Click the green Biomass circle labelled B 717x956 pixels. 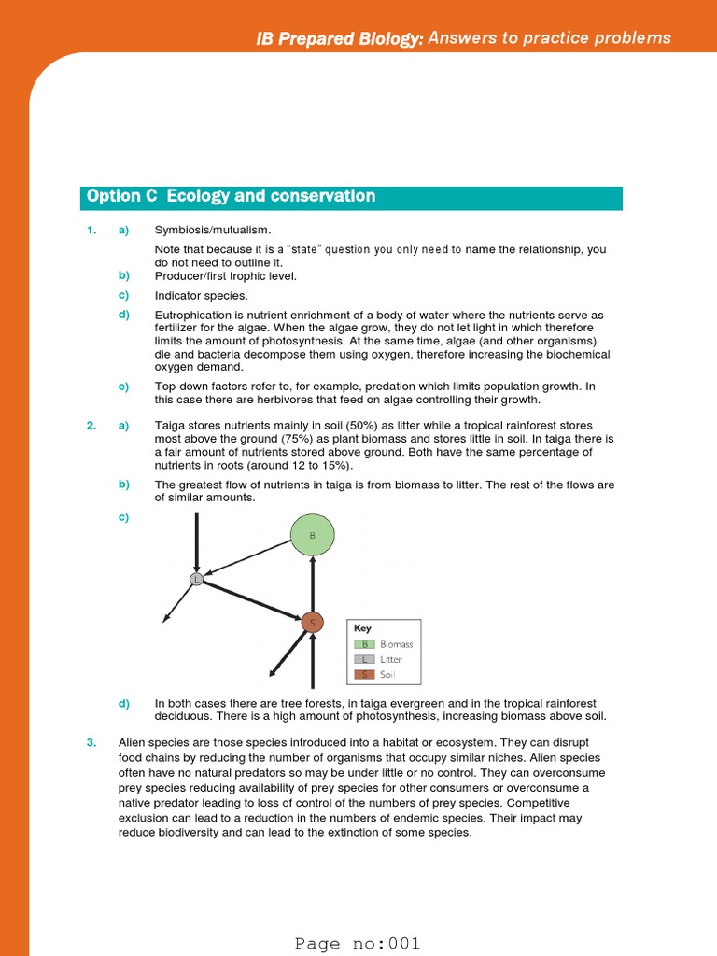point(312,536)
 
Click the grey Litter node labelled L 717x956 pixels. point(196,580)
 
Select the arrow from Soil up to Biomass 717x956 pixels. point(312,583)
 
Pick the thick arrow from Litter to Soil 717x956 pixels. point(254,600)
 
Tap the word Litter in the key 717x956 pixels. point(391,659)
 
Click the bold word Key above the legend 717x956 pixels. point(362,629)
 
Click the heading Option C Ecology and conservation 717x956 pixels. point(232,196)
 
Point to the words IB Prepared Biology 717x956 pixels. point(340,38)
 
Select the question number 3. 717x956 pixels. point(91,743)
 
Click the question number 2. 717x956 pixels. point(91,426)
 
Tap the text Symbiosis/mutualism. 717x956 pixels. point(213,230)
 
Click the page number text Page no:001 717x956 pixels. point(358,943)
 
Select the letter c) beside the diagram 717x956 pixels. point(123,517)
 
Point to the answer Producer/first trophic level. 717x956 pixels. point(225,275)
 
